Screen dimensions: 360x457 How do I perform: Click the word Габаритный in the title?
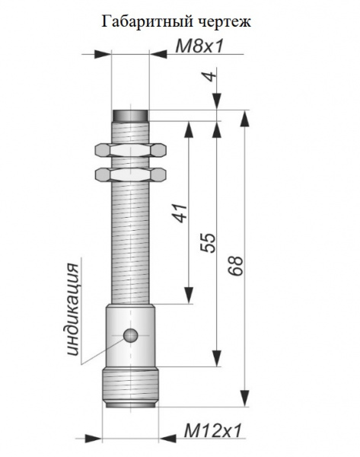(147, 21)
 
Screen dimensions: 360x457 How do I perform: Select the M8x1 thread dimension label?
(200, 46)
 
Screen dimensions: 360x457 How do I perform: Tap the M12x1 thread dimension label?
(213, 430)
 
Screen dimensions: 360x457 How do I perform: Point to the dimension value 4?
(211, 75)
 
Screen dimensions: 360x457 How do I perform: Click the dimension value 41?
(180, 213)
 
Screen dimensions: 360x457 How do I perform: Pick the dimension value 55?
(209, 242)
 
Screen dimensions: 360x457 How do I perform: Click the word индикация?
(73, 309)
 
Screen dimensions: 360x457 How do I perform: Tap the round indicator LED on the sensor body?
(130, 335)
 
